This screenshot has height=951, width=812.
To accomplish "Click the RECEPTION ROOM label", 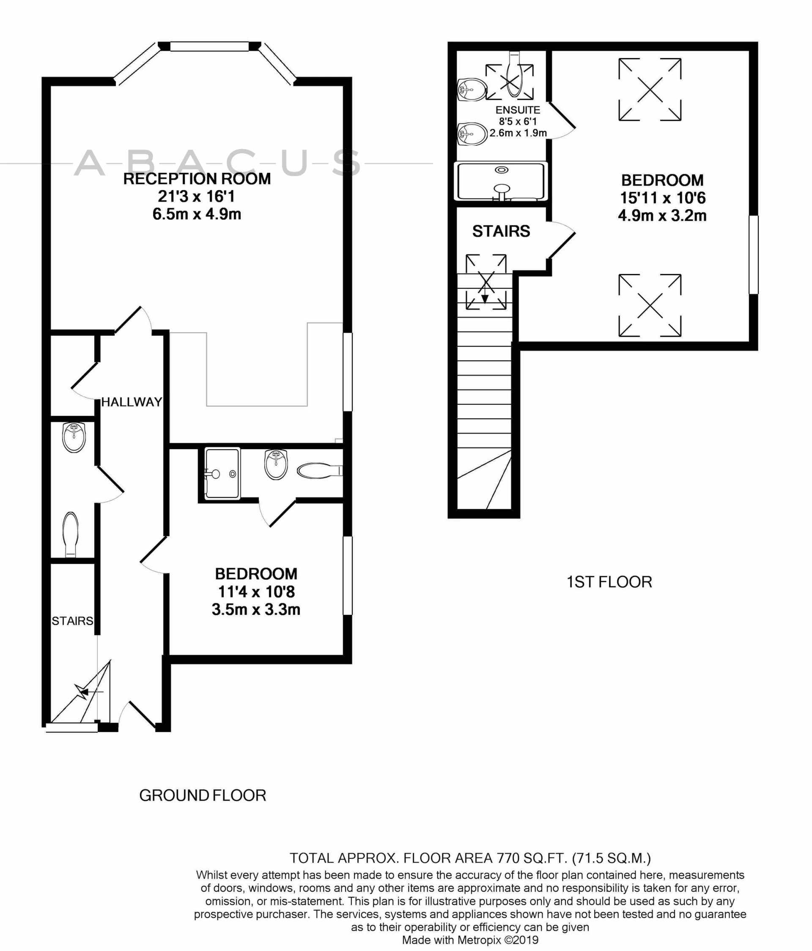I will [x=197, y=179].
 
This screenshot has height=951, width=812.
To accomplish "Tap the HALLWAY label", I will [x=132, y=402].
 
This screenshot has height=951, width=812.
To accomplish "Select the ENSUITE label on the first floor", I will [x=518, y=110].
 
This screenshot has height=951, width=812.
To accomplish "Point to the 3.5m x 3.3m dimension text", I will [x=256, y=610].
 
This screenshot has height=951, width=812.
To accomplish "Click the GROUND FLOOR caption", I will [x=203, y=796].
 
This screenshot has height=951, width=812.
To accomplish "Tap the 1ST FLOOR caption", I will [x=609, y=582].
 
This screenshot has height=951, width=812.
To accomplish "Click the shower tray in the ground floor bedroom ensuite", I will [x=222, y=474].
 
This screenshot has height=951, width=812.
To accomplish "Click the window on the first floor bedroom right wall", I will [x=753, y=255].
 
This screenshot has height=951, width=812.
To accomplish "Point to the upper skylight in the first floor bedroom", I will [x=650, y=89].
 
